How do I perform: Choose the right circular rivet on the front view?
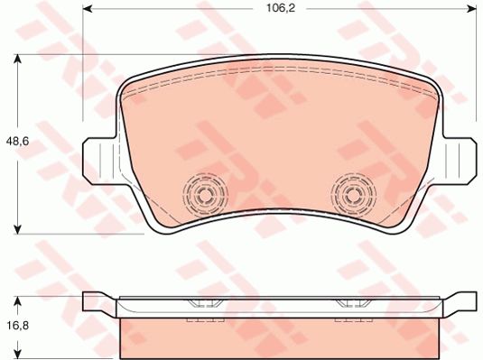[x=352, y=192]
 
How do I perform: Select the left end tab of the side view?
[x=98, y=303]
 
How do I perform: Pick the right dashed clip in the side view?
[x=352, y=310]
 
